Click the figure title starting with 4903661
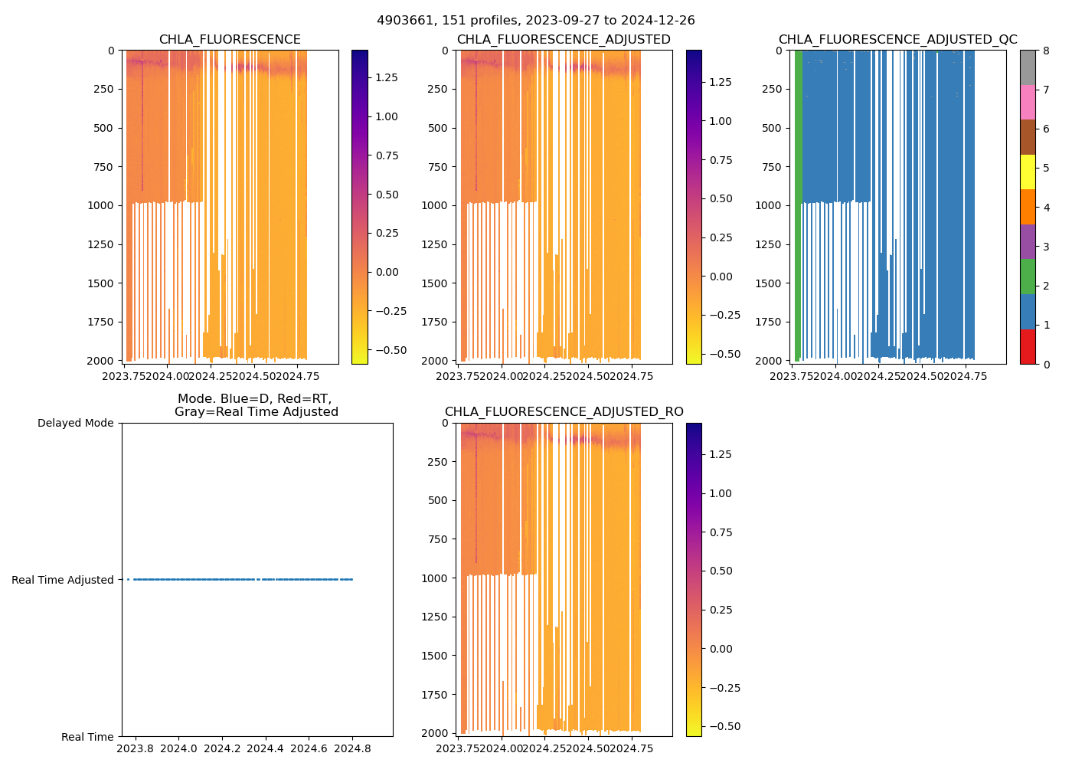[535, 21]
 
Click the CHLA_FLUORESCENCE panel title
[230, 40]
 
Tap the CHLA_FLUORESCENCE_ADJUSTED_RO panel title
[564, 412]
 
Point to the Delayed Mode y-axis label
[75, 423]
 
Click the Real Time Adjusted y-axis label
[63, 580]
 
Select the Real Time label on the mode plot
[87, 737]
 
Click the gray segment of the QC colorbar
[1028, 67]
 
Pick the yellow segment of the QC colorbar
[1028, 172]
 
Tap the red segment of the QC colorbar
[1028, 347]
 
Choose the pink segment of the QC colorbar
[1028, 102]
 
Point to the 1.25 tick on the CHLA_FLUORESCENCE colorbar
[386, 77]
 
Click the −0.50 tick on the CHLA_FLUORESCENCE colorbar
[391, 350]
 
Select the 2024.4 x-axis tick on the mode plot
[266, 748]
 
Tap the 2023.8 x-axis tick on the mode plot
[135, 748]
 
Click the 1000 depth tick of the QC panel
[768, 205]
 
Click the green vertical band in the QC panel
[798, 199]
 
